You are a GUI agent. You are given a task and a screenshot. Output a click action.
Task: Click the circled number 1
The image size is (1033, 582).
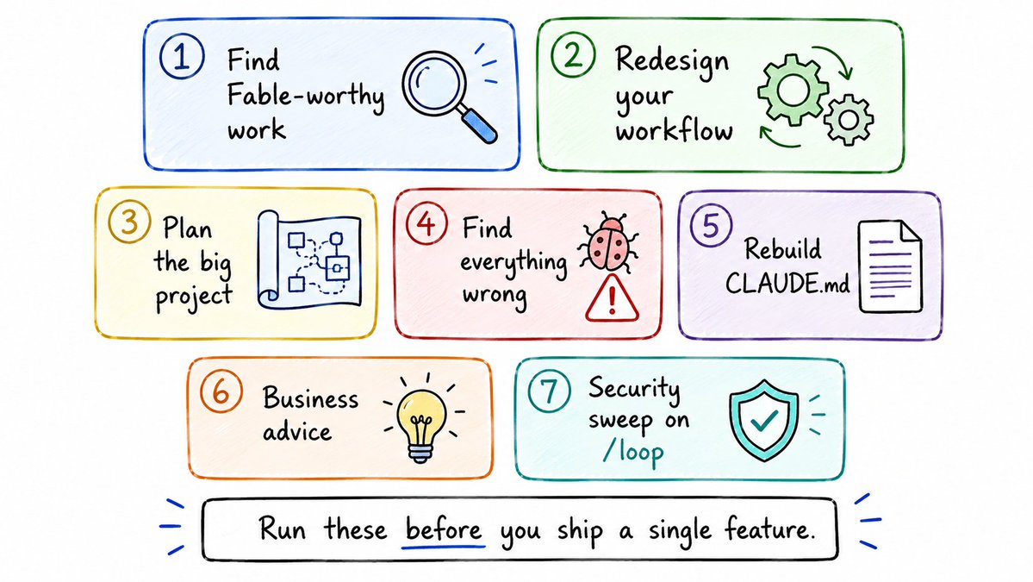coord(182,57)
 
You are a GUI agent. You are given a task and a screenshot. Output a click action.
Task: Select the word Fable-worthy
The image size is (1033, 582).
coord(306,97)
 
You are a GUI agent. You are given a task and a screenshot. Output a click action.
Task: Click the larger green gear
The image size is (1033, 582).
coord(793,90)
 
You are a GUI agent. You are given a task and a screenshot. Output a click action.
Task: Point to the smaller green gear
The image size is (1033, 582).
coord(849,120)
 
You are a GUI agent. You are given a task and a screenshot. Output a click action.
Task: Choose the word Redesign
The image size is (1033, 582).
coord(672,61)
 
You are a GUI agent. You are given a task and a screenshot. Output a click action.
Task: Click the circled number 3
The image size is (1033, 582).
coord(129,222)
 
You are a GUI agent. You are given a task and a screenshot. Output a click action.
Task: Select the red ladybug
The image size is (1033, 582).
coord(608,242)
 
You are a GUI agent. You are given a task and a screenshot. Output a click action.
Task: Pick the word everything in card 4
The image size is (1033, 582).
coord(513,263)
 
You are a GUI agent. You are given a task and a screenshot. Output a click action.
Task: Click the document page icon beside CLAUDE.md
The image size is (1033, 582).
coord(890,267)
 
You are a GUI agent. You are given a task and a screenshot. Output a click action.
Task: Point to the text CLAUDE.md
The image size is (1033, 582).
coord(787,284)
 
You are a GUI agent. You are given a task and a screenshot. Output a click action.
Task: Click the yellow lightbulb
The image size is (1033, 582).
coord(421,419)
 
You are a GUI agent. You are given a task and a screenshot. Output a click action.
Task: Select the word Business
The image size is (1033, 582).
coord(311,398)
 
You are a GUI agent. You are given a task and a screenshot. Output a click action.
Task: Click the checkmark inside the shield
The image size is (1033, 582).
coord(763,419)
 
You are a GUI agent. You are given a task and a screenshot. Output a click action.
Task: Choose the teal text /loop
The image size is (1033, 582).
coord(633,453)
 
